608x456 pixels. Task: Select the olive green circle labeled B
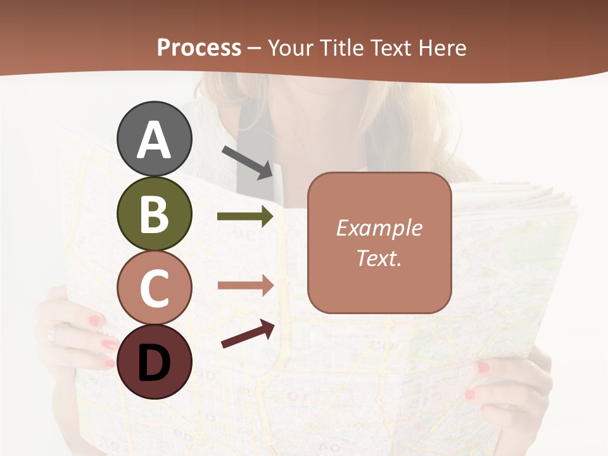[x=155, y=214]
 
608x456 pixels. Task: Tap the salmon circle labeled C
[x=155, y=288]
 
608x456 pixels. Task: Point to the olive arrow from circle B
[x=245, y=217]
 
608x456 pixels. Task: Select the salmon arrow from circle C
[x=245, y=285]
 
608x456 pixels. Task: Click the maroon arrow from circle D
[x=248, y=334]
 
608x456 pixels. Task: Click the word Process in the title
[x=199, y=48]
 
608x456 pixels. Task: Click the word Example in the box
[x=379, y=228]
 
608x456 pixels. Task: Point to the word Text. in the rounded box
[x=379, y=258]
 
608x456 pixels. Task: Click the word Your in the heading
[x=289, y=48]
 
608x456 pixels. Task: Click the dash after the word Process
[x=255, y=49]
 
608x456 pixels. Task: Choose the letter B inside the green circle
[x=155, y=214]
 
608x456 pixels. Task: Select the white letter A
[x=155, y=139]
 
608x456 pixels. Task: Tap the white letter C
[x=155, y=288]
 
